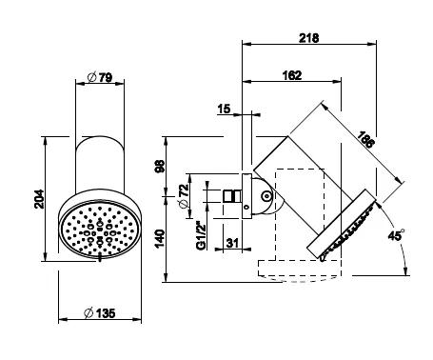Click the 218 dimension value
coord(308,38)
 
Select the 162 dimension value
coord(292,75)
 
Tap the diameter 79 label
coord(100,77)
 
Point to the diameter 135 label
coord(99,313)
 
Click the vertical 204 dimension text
coord(39,199)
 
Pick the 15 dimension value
coord(224,109)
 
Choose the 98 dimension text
coord(160,166)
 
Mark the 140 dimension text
coord(160,239)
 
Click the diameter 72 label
coord(184,196)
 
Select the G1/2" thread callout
coord(202,236)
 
